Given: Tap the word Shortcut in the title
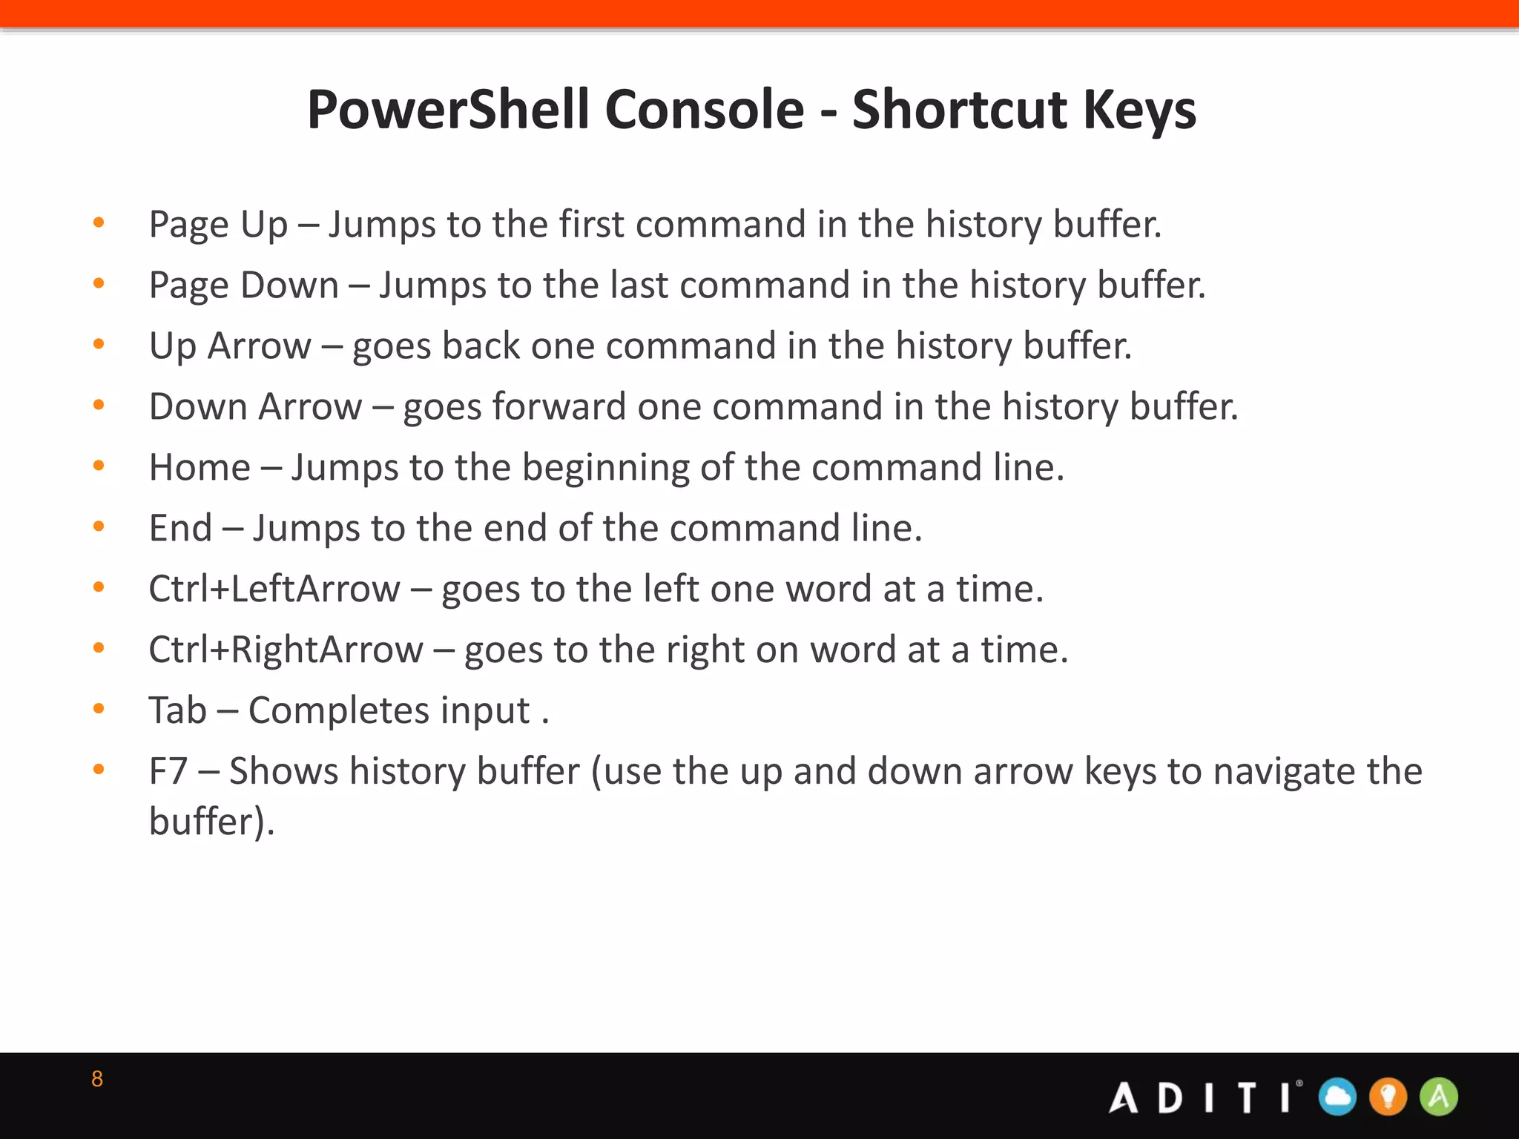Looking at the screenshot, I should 958,110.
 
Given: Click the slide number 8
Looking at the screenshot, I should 97,1079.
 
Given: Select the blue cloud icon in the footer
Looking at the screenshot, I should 1337,1097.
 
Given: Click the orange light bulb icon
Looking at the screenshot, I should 1388,1097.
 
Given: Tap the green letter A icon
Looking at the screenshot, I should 1438,1097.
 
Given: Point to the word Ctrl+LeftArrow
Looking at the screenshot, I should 274,589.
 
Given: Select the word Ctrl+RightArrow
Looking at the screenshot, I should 286,650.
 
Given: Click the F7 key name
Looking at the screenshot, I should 168,771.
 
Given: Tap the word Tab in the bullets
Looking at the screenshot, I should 177,710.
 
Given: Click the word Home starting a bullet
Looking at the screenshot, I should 200,467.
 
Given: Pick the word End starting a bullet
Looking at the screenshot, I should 180,528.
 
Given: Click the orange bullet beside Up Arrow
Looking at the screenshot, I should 99,344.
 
